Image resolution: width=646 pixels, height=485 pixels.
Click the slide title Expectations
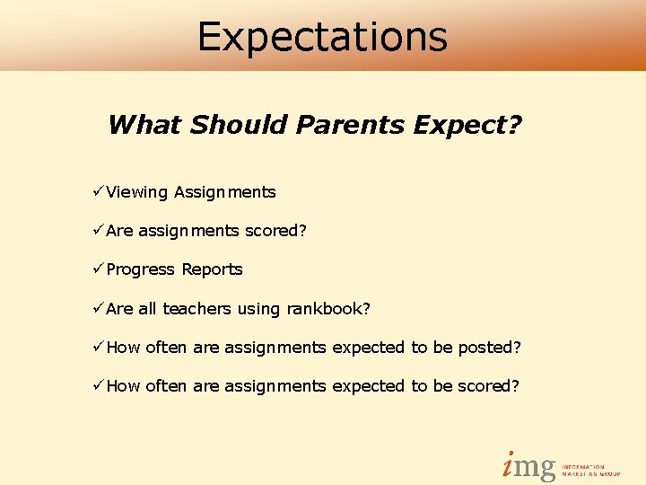click(322, 36)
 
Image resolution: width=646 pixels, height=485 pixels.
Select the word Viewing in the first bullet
click(137, 192)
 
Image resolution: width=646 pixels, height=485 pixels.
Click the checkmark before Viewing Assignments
click(98, 191)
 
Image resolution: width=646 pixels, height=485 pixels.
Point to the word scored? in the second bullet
click(276, 231)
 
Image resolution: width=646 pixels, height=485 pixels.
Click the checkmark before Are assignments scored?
click(98, 230)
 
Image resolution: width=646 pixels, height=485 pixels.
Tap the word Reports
click(212, 269)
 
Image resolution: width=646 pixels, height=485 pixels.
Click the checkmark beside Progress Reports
click(98, 269)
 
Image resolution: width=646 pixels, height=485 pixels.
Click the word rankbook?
click(328, 309)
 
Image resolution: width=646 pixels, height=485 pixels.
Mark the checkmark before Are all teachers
click(98, 308)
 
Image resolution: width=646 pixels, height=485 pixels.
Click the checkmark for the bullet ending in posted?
click(98, 347)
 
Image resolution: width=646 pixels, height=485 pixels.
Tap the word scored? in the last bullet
click(489, 386)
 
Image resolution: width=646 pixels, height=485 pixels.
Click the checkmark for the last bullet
click(98, 385)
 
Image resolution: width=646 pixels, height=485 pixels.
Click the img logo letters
click(528, 465)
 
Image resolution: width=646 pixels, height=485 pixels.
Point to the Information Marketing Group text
click(590, 470)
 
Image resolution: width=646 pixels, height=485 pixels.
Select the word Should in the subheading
click(235, 124)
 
